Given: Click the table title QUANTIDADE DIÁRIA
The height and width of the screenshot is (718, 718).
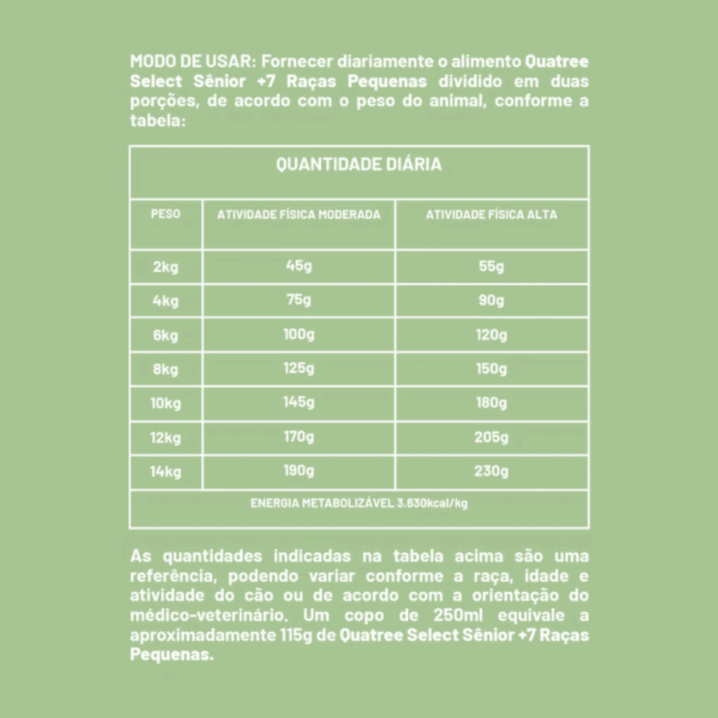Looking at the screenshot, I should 358,165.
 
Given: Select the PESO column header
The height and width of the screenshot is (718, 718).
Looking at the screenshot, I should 165,214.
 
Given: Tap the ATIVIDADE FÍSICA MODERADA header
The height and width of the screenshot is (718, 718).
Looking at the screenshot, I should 299,215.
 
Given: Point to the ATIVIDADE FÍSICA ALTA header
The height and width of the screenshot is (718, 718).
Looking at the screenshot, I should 492,215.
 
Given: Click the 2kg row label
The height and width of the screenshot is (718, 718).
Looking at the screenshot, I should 165,267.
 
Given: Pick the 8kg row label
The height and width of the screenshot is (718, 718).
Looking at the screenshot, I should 165,370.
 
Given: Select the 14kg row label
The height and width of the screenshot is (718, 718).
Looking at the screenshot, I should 165,471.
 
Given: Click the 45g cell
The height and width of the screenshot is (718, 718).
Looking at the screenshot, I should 299,266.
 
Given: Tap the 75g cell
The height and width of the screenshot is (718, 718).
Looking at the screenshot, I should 299,300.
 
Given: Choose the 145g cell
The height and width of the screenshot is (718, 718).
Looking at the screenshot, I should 299,402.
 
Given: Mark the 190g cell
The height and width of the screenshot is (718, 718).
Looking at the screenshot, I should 299,470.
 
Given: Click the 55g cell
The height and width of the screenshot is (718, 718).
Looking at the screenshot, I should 492,266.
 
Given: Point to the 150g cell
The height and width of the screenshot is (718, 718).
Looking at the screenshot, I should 492,369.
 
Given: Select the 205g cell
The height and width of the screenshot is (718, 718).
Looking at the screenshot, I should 492,437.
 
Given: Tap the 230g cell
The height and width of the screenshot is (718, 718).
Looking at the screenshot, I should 492,470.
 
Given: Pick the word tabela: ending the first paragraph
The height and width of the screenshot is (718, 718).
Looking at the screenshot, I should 158,120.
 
